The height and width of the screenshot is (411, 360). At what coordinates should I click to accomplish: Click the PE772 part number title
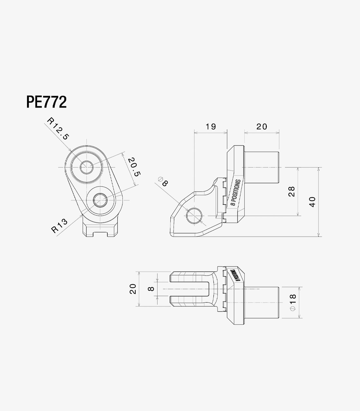coord(46,102)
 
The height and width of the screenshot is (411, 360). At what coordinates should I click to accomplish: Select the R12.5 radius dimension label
coord(58,128)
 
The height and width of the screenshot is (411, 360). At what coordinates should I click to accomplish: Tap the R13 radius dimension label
coord(60,225)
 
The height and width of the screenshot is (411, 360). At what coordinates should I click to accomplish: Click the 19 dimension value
coord(211,127)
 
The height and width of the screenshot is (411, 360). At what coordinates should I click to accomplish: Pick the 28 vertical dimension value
coord(292,192)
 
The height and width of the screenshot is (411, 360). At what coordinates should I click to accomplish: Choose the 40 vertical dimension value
coord(312,202)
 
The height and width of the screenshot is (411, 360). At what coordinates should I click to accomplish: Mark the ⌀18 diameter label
coord(292,302)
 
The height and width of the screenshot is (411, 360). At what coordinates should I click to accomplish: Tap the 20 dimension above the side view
coord(262,127)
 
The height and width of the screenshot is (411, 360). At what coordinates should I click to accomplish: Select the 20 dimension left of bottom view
coord(133,289)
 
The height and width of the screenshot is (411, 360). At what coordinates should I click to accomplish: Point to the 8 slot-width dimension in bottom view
coord(151,289)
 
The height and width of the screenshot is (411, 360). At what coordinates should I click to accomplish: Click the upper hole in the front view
coord(86,167)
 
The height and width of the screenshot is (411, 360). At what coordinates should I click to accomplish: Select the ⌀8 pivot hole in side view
coord(195,215)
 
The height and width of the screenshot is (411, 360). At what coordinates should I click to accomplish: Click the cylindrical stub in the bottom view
coord(263,302)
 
